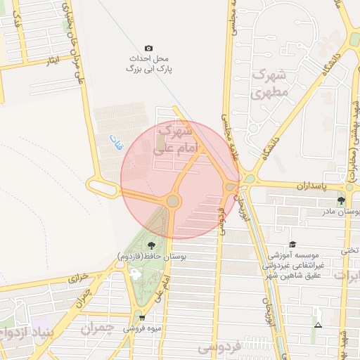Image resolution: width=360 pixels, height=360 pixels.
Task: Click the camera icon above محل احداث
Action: [148, 47]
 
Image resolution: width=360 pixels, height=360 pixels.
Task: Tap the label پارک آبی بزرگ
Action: [149, 70]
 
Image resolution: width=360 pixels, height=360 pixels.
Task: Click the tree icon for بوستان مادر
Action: [341, 201]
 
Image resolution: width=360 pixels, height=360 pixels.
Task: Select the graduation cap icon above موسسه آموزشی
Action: [292, 244]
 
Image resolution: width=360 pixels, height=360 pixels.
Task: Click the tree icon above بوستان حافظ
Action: [151, 245]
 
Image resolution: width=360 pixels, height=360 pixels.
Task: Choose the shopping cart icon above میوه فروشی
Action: [142, 318]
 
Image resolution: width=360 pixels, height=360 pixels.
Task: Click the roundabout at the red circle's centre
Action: [173, 202]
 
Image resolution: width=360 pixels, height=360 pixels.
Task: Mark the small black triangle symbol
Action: [318, 325]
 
